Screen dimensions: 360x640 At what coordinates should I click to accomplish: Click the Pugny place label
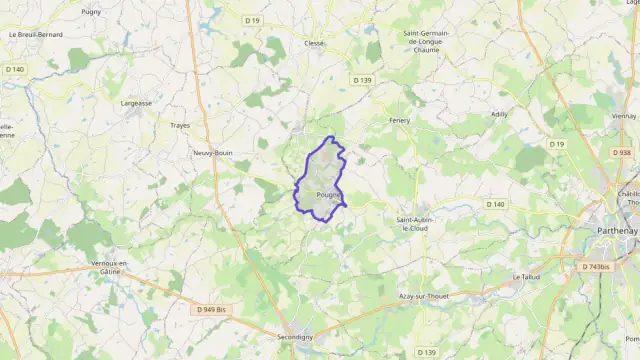91,11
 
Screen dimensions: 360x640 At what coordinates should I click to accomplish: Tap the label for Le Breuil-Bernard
36,34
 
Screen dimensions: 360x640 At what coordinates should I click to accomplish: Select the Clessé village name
315,44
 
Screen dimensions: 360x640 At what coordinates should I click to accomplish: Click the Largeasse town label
135,102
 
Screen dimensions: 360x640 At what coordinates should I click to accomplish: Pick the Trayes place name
180,125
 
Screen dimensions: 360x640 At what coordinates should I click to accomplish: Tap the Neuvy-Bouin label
213,153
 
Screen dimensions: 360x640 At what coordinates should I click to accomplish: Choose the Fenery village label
400,120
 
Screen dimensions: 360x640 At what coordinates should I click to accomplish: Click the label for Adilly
500,114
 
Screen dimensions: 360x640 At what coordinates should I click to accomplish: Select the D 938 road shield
621,153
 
